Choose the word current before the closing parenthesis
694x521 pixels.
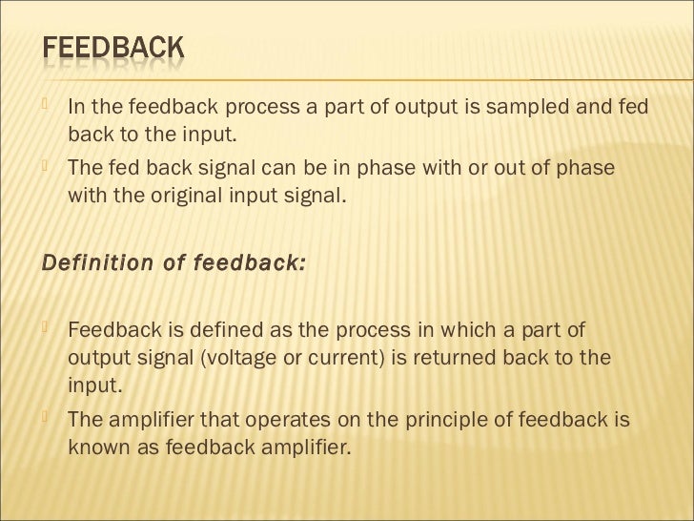pyautogui.click(x=363, y=358)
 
